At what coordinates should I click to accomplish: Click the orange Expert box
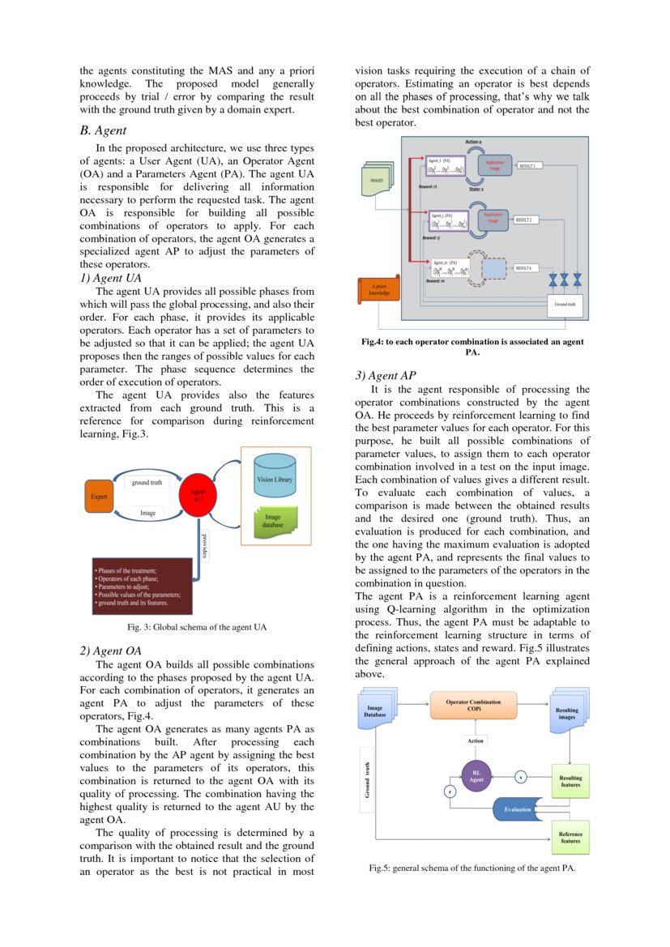point(99,496)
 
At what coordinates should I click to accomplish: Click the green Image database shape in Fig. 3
point(274,520)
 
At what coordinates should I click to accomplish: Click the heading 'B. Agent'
point(103,130)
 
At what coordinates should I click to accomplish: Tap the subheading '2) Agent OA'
point(111,651)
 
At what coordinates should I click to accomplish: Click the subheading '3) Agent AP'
point(387,375)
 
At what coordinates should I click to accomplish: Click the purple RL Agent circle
point(476,776)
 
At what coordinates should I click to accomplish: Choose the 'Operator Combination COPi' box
point(473,705)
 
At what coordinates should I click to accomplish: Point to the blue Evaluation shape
point(518,808)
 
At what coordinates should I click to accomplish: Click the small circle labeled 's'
point(520,777)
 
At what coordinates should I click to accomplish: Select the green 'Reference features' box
point(570,837)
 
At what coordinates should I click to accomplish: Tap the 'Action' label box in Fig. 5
point(476,740)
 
